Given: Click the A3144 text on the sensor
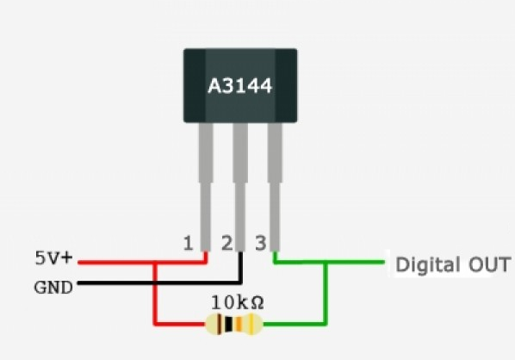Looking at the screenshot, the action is click(x=240, y=86).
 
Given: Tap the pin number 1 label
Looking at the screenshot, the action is click(x=188, y=244).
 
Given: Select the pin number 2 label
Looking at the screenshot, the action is click(x=227, y=244).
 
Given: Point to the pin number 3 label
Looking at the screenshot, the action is click(x=261, y=244).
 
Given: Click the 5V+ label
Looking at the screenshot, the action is click(x=53, y=258).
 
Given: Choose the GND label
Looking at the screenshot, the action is click(x=53, y=288).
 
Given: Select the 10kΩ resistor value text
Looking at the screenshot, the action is click(x=237, y=302).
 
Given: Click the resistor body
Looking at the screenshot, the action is click(x=234, y=324).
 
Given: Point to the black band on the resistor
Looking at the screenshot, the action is click(x=229, y=324).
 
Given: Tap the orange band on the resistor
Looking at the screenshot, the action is click(x=239, y=324).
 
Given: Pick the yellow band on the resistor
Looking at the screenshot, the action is click(x=251, y=324).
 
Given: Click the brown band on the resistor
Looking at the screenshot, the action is click(x=218, y=324).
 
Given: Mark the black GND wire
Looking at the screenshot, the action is click(x=160, y=282).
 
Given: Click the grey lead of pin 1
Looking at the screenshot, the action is click(x=206, y=187).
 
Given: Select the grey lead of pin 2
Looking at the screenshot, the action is click(x=240, y=187).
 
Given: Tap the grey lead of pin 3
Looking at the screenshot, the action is click(x=275, y=187).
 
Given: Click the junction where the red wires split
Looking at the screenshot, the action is click(x=155, y=263).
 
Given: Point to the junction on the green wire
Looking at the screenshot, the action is click(x=326, y=262).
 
